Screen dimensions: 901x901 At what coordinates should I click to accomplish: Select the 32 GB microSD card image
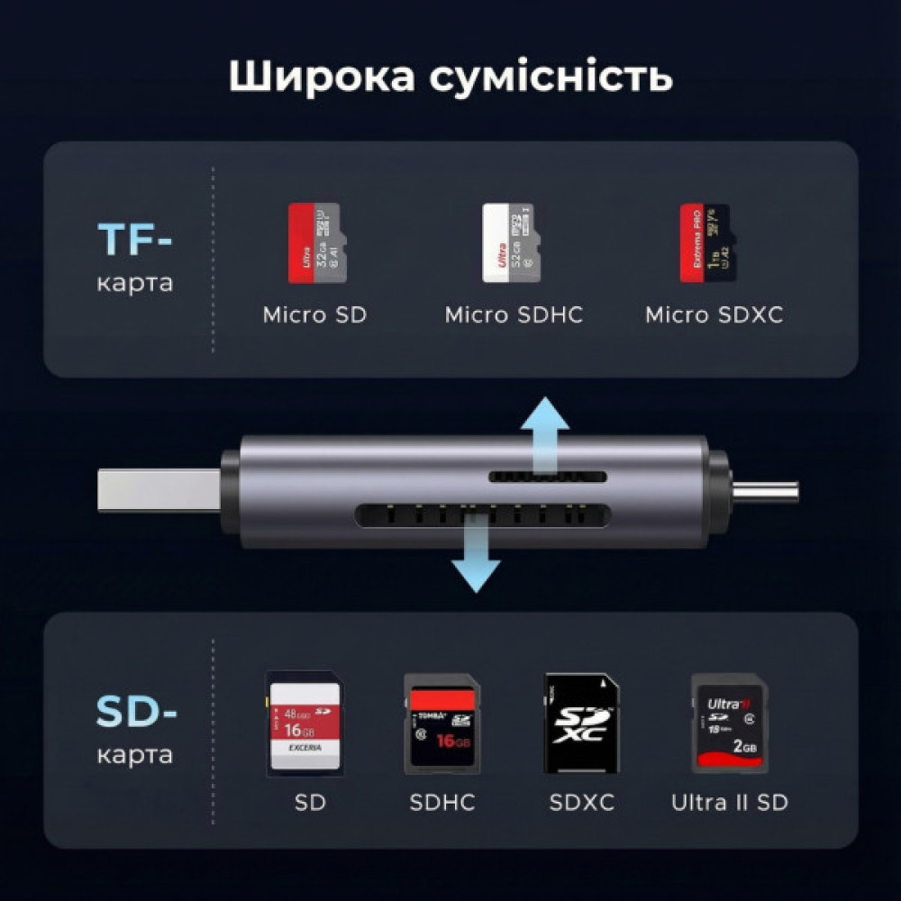point(314,243)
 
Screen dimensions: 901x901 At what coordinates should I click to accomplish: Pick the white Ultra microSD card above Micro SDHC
point(511,243)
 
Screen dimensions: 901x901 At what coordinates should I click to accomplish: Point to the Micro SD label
point(314,315)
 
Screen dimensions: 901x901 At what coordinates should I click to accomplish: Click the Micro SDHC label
point(514,315)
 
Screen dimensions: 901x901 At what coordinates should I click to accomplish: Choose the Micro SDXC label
point(714,315)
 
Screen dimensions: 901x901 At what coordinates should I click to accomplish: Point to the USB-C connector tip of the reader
point(766,491)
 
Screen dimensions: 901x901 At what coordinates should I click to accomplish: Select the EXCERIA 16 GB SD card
point(305,724)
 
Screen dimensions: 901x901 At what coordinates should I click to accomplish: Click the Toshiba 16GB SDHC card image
point(441,724)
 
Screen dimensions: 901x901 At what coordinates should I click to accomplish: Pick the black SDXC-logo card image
point(581,724)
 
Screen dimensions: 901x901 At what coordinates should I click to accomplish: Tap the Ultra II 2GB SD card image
point(729,724)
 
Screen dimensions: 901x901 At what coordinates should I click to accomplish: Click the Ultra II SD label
point(729,802)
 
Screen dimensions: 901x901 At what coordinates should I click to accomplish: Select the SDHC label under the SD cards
point(441,802)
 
